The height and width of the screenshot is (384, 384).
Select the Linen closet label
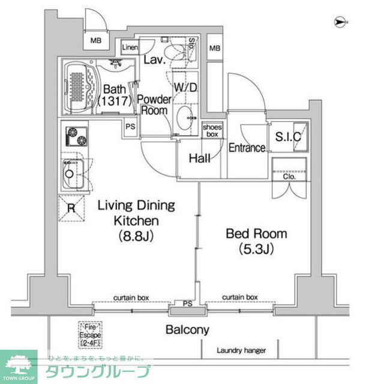pos(130,47)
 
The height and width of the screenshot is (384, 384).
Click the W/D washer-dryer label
pos(185,87)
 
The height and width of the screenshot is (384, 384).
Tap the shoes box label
pos(213,130)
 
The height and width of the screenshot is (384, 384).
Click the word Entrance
pos(247,148)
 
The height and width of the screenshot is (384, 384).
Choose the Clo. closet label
pos(289,177)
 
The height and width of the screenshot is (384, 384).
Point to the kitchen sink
pos(71,175)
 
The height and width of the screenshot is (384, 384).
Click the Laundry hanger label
pos(242,351)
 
